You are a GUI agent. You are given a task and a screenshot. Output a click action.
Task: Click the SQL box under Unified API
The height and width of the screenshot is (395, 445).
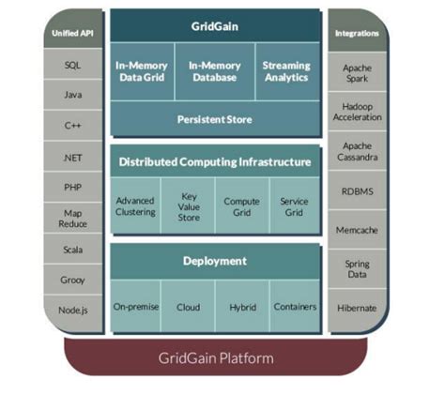73,66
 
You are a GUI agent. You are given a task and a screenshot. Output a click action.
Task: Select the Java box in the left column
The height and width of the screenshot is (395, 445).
73,95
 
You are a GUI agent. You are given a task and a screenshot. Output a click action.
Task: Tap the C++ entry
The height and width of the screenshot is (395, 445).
73,125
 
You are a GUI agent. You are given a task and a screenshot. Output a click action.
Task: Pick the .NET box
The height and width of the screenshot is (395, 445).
73,156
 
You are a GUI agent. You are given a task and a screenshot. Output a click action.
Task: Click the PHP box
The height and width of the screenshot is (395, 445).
73,186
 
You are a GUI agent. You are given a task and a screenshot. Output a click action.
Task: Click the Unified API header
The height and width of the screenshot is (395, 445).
73,34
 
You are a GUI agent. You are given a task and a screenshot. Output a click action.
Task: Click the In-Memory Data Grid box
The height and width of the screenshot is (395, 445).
141,73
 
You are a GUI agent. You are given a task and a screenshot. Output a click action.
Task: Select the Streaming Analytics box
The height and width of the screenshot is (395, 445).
286,73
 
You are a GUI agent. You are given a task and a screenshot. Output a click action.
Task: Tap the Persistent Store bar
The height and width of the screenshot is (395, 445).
213,119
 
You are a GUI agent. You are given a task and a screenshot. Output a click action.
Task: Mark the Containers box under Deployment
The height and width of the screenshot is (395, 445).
294,307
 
